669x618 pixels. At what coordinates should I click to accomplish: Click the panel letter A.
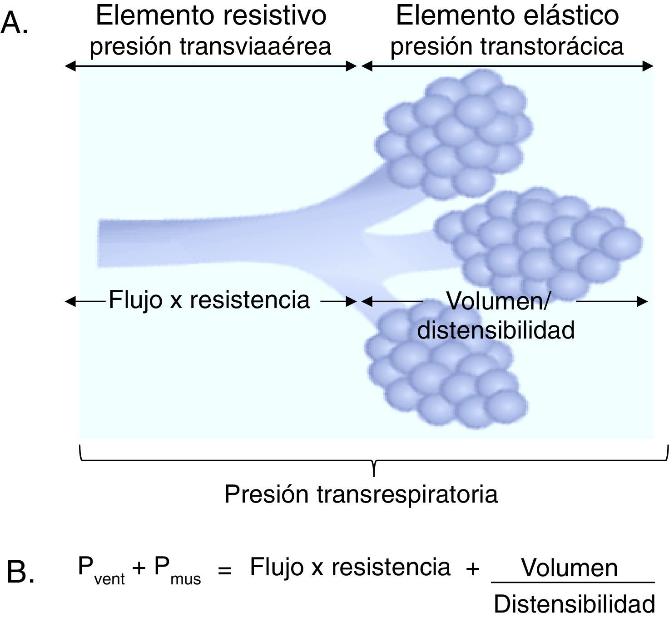[x=15, y=24]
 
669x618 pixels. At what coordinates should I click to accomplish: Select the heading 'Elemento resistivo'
[x=211, y=15]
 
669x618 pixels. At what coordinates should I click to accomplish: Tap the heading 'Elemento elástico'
[x=507, y=15]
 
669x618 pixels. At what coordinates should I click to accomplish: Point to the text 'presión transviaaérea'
[x=210, y=46]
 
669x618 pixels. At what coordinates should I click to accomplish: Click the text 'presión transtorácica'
[x=507, y=46]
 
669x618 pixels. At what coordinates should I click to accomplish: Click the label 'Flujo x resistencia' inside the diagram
[x=209, y=300]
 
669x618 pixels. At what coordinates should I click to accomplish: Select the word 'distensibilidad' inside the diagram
[x=496, y=330]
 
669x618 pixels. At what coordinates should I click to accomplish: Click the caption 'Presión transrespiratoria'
[x=361, y=494]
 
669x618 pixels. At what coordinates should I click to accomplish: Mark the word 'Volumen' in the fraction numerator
[x=570, y=568]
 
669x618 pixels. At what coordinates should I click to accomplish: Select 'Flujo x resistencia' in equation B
[x=350, y=567]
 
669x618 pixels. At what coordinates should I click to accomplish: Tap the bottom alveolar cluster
[x=445, y=373]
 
